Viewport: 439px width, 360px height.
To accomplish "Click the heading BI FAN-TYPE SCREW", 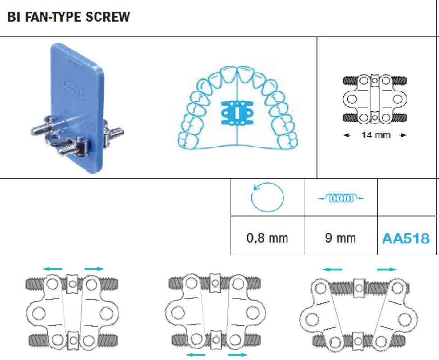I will [x=69, y=18].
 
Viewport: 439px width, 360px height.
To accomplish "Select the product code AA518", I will [x=405, y=238].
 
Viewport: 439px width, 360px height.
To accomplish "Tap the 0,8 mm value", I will [x=267, y=238].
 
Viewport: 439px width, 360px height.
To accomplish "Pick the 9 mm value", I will [x=340, y=238].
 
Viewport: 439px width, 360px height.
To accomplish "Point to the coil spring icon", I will [x=340, y=198].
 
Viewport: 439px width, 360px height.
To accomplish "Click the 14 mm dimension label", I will [x=376, y=135].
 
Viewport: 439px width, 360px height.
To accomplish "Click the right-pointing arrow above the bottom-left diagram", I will [x=94, y=269].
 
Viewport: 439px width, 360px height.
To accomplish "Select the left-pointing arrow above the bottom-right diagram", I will [x=333, y=269].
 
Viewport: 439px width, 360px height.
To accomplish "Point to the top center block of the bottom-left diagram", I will [x=73, y=283].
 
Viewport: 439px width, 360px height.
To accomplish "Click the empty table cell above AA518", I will [x=407, y=198].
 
